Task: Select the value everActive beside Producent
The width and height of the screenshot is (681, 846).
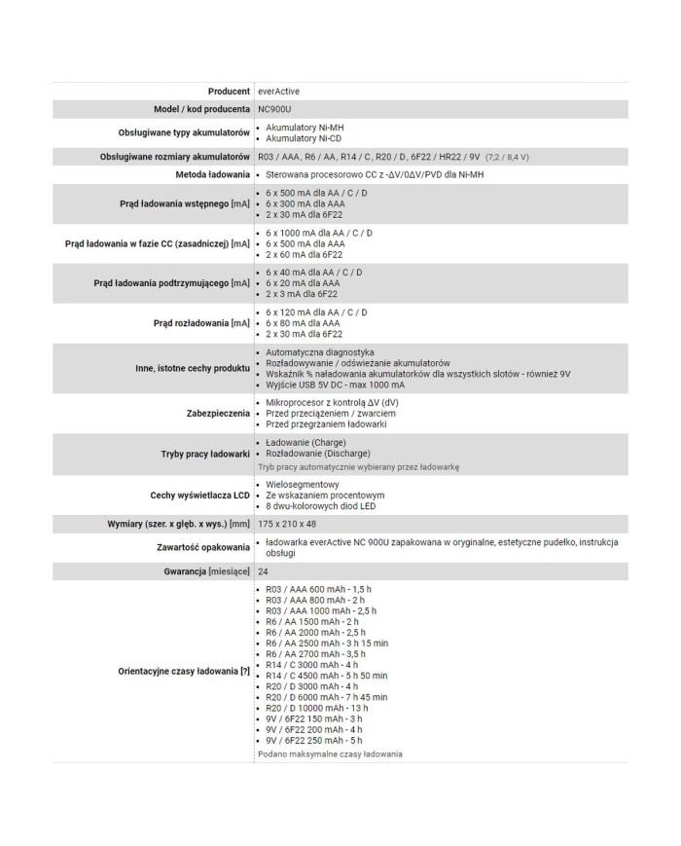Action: click(279, 91)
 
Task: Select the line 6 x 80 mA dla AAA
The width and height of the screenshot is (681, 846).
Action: click(304, 323)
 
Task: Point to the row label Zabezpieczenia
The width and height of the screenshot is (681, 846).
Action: click(218, 414)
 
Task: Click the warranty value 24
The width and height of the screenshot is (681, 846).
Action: click(264, 570)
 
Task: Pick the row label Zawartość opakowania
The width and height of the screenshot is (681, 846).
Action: click(200, 547)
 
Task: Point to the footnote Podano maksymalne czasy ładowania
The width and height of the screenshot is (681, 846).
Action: click(331, 754)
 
